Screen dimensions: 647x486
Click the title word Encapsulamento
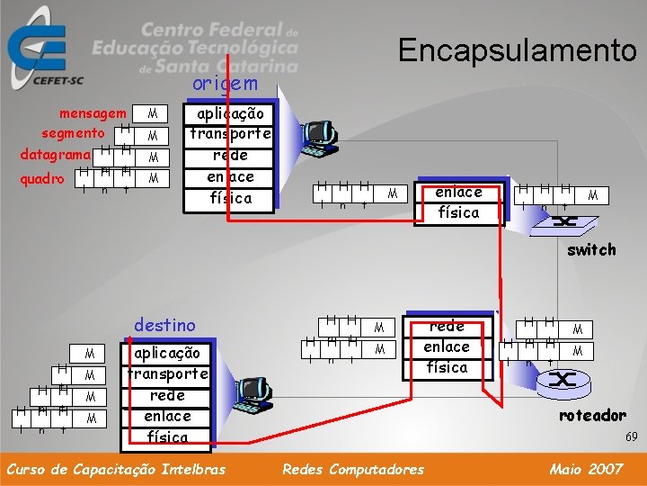517,49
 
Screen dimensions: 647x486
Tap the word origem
225,84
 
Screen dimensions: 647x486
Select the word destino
164,324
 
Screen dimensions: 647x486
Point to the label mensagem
93,113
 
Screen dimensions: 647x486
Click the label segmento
73,133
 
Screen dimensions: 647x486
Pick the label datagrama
55,155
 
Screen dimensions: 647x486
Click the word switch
591,249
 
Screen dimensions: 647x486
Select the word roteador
592,415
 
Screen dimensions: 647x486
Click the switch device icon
564,221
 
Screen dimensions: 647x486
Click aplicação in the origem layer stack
230,113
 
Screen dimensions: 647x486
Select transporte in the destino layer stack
167,373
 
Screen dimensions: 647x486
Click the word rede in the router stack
447,327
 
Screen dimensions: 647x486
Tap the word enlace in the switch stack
458,192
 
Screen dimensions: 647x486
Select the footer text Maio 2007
585,468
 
